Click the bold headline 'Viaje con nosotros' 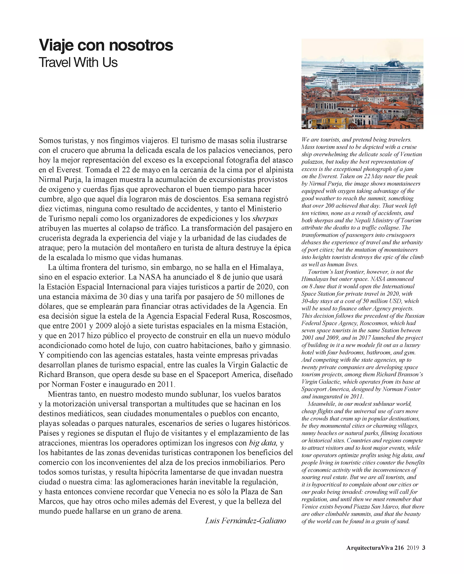[x=106, y=45]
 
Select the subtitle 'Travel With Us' [x=78, y=62]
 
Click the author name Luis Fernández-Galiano [x=245, y=520]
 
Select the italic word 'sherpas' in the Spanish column [x=265, y=219]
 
